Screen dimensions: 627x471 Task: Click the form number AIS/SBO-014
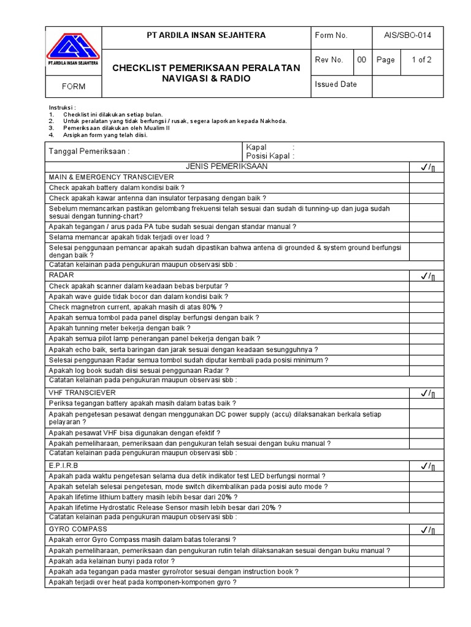point(407,36)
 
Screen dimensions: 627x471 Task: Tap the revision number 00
point(362,60)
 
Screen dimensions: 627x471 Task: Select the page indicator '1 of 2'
point(421,60)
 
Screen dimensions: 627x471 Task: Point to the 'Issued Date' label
point(335,84)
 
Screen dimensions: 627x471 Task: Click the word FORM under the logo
point(74,86)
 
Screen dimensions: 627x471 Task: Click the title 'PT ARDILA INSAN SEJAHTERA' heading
point(206,36)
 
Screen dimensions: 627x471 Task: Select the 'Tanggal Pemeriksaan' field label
point(90,152)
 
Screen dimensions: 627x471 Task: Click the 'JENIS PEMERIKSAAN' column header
point(227,167)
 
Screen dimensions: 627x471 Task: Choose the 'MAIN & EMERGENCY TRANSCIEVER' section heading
point(112,177)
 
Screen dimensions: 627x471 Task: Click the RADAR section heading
point(61,276)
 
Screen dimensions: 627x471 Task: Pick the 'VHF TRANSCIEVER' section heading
point(82,392)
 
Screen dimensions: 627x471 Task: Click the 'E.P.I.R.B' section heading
point(64,465)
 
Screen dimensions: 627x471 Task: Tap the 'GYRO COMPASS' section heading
point(78,529)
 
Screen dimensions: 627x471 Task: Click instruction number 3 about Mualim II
point(109,128)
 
